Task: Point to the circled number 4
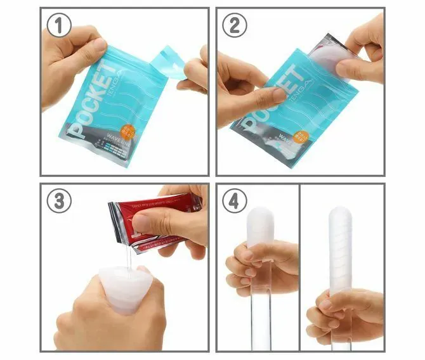point(233,201)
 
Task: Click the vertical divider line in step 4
point(300,266)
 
